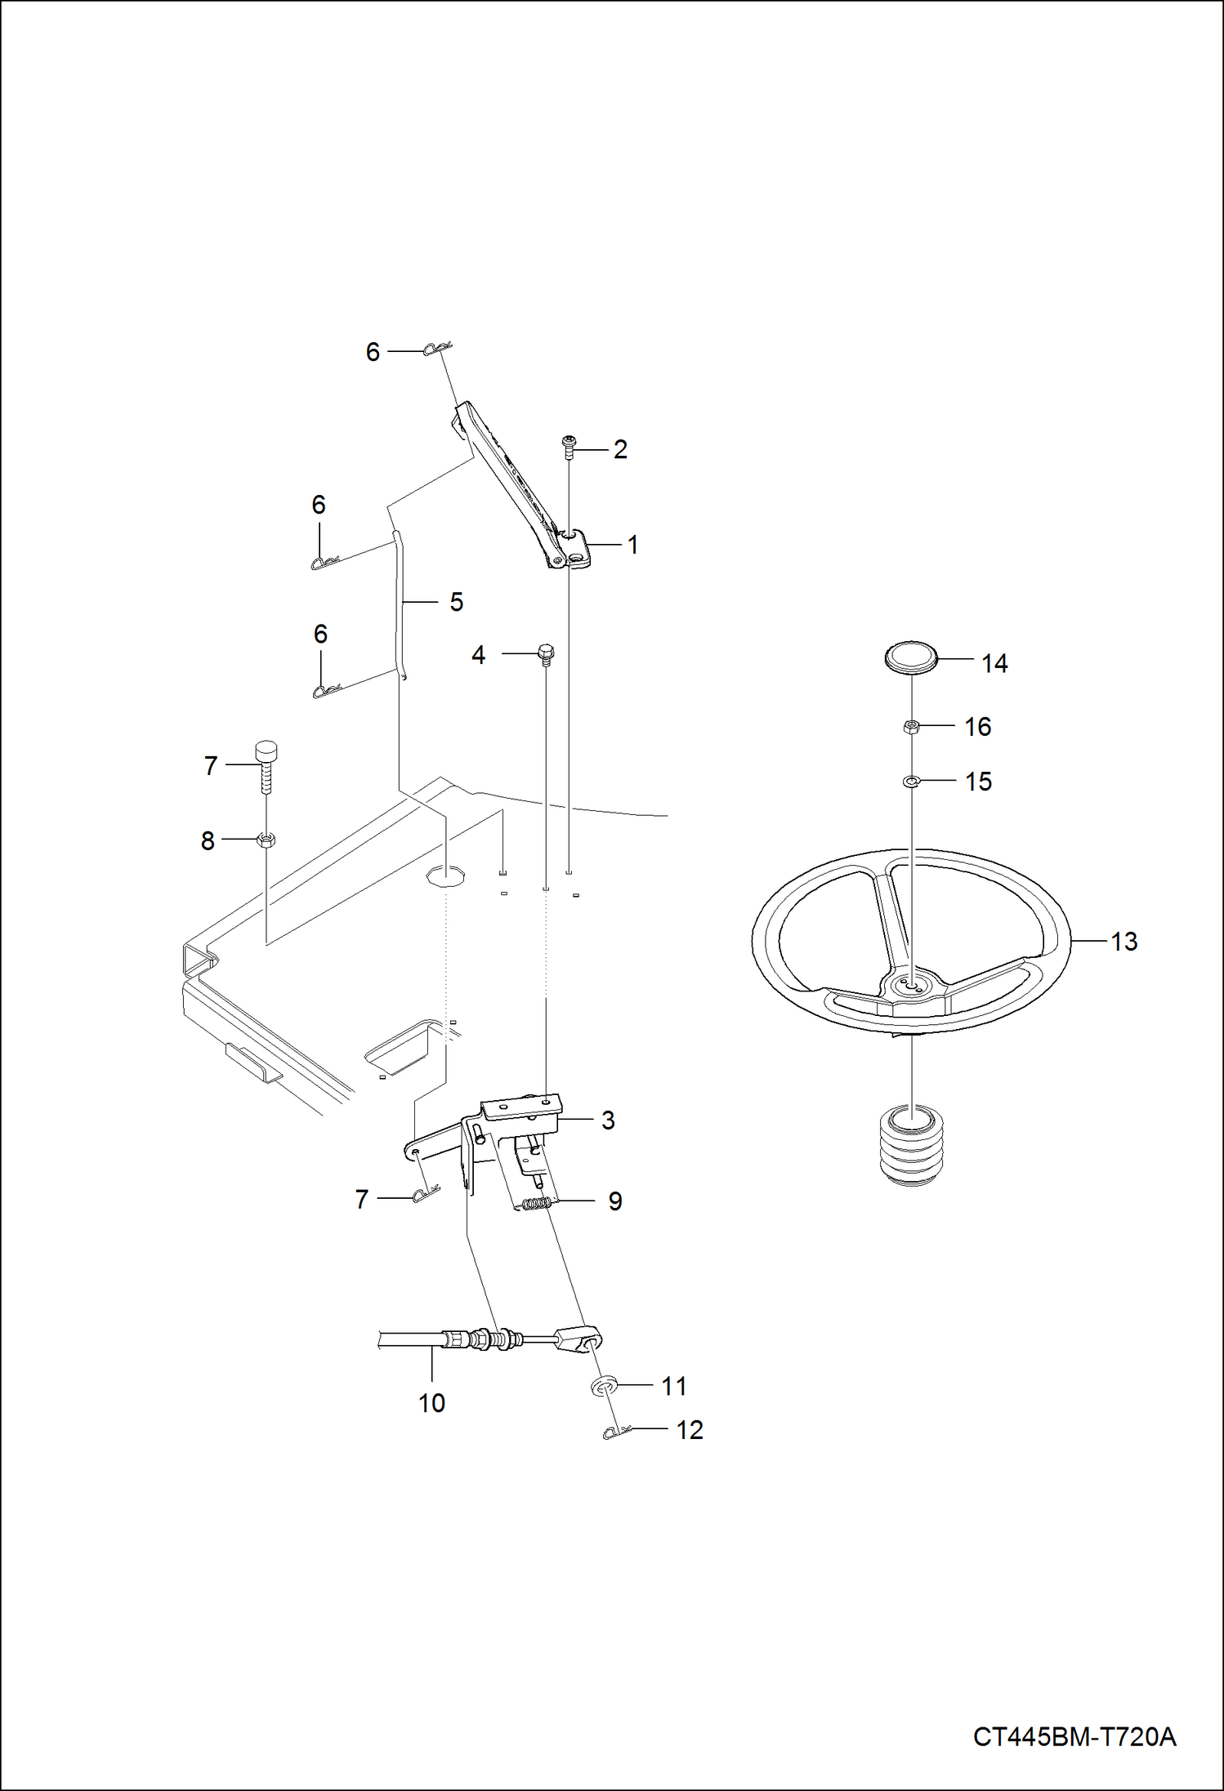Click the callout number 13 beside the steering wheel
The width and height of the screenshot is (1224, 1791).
1123,942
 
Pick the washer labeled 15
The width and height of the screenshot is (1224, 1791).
912,782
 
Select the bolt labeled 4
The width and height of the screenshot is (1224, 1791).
546,653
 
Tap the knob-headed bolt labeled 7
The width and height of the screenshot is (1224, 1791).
266,763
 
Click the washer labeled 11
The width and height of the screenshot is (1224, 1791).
603,1386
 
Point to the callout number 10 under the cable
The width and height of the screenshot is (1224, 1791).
431,1403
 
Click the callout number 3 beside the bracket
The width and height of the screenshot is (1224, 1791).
607,1120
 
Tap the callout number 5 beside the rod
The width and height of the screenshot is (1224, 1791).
456,602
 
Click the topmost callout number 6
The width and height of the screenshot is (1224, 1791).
373,352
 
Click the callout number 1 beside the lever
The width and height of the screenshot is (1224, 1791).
632,545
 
